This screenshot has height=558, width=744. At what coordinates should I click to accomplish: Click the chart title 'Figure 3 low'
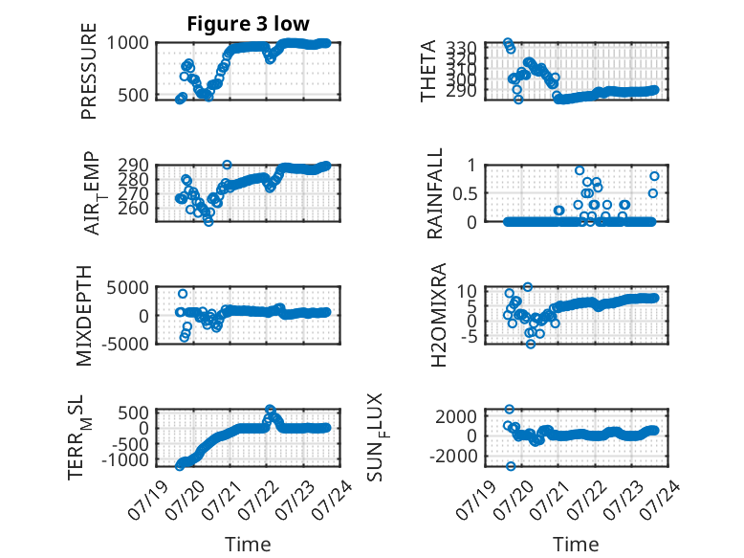click(x=248, y=24)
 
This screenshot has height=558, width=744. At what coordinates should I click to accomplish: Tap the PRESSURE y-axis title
click(x=89, y=71)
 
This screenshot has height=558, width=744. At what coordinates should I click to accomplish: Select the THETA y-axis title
click(x=428, y=71)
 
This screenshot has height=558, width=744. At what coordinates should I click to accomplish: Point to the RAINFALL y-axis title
click(x=434, y=193)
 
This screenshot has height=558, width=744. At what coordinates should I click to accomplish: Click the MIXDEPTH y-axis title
click(x=84, y=315)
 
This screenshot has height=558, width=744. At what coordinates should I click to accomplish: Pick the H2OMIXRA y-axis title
click(x=438, y=315)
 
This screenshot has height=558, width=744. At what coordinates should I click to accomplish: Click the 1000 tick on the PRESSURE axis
click(x=127, y=43)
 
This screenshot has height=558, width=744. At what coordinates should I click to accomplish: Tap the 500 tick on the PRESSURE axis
click(x=133, y=95)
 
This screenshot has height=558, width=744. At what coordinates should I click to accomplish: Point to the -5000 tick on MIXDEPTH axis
click(x=124, y=344)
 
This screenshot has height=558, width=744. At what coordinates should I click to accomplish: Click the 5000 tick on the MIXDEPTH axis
click(x=127, y=287)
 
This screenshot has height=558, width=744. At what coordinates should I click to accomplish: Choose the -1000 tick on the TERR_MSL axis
click(x=124, y=459)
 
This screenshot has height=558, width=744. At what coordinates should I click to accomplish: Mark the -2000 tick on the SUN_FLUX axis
click(x=453, y=456)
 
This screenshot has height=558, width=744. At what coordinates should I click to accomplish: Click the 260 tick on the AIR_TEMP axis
click(x=133, y=208)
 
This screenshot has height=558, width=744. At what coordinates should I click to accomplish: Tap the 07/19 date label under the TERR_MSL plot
click(x=147, y=500)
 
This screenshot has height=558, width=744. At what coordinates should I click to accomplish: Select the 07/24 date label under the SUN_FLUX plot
click(x=660, y=500)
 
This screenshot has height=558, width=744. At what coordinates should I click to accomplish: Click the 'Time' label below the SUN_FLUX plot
click(x=576, y=545)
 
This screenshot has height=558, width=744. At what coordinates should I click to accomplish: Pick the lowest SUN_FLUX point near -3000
click(x=511, y=466)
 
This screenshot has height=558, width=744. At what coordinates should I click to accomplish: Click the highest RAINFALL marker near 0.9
click(x=580, y=170)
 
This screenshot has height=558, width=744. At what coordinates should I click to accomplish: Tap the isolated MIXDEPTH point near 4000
click(x=183, y=294)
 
